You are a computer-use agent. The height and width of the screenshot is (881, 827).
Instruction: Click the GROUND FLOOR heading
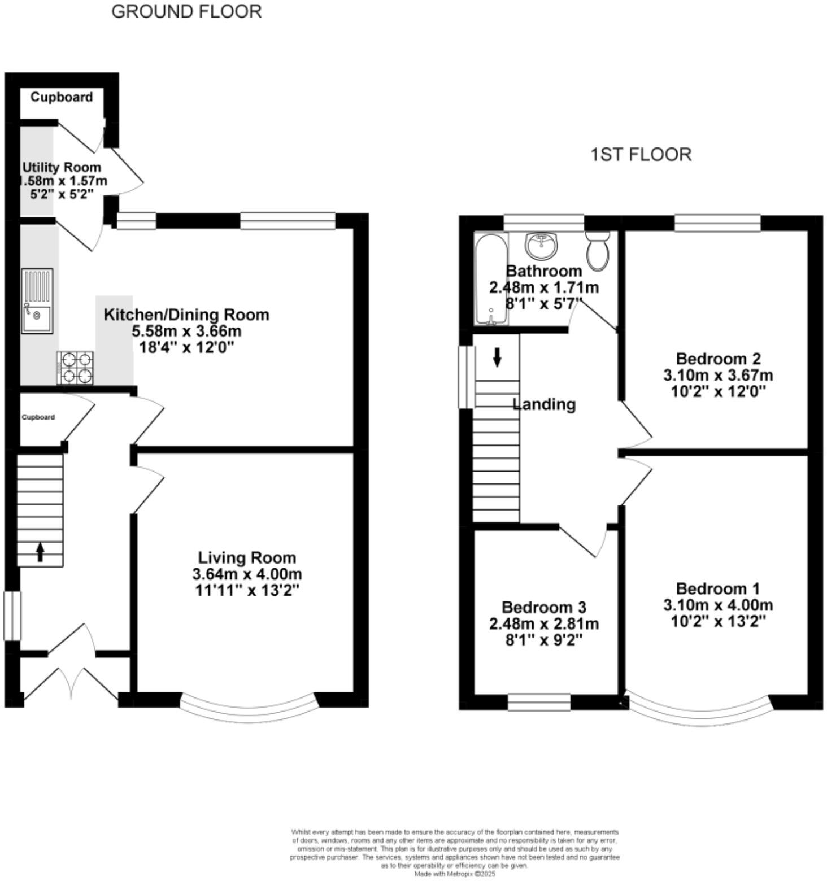click(186, 11)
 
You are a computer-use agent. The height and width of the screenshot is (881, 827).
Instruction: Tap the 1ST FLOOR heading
click(641, 154)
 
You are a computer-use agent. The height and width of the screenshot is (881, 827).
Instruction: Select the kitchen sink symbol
click(37, 300)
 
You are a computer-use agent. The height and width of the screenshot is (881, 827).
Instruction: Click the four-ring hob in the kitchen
click(75, 368)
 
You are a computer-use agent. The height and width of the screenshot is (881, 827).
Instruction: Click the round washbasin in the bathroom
click(542, 245)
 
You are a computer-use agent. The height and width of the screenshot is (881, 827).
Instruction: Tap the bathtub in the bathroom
click(491, 280)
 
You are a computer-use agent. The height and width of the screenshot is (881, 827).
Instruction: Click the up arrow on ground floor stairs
click(40, 552)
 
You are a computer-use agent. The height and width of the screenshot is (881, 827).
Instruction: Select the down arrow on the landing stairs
click(497, 357)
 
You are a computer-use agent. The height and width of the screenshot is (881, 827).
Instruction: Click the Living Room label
click(247, 557)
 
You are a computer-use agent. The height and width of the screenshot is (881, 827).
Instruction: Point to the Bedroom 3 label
click(543, 607)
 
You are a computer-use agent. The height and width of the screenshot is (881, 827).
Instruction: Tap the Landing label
click(544, 404)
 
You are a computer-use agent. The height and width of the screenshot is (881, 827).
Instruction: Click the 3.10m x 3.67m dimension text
click(718, 375)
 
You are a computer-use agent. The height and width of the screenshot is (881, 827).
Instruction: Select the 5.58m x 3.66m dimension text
click(186, 331)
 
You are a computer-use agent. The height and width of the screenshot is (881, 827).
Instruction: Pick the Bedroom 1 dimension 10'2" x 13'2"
click(718, 621)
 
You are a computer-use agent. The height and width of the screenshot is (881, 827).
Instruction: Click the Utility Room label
click(62, 167)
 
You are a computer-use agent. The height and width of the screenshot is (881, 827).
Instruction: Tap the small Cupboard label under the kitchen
click(38, 417)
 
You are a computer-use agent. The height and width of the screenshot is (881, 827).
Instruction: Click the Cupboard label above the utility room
click(62, 97)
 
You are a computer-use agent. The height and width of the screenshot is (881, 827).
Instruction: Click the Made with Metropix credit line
click(455, 874)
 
